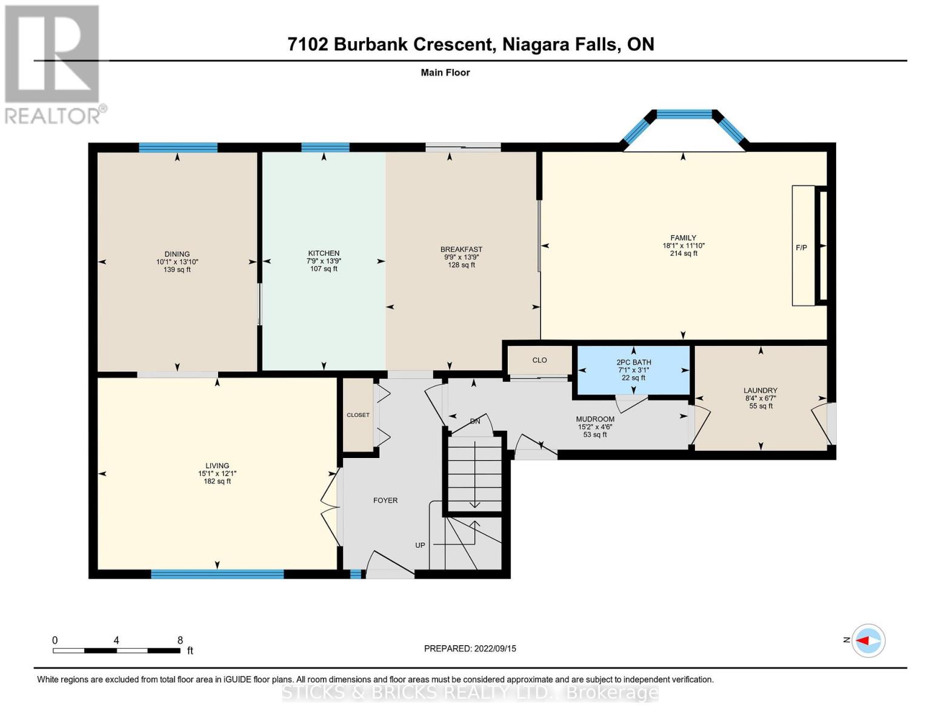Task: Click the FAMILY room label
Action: [683, 238]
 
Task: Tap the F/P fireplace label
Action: [801, 248]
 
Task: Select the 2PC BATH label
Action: [633, 362]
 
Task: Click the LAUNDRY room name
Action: [760, 391]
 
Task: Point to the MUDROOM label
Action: [595, 419]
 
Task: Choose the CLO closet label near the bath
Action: [539, 360]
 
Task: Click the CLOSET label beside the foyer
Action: [357, 415]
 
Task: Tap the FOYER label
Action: [385, 500]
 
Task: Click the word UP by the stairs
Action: [420, 545]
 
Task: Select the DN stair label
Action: [475, 421]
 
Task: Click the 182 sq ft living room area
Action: [217, 482]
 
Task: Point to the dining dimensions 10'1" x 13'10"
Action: [177, 262]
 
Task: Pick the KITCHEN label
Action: [324, 253]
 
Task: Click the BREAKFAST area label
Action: [461, 249]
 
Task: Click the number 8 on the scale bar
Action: [180, 640]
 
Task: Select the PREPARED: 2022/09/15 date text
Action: [470, 648]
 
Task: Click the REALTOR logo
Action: [53, 64]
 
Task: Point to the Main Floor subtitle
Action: [445, 73]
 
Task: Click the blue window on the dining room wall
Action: [178, 147]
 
